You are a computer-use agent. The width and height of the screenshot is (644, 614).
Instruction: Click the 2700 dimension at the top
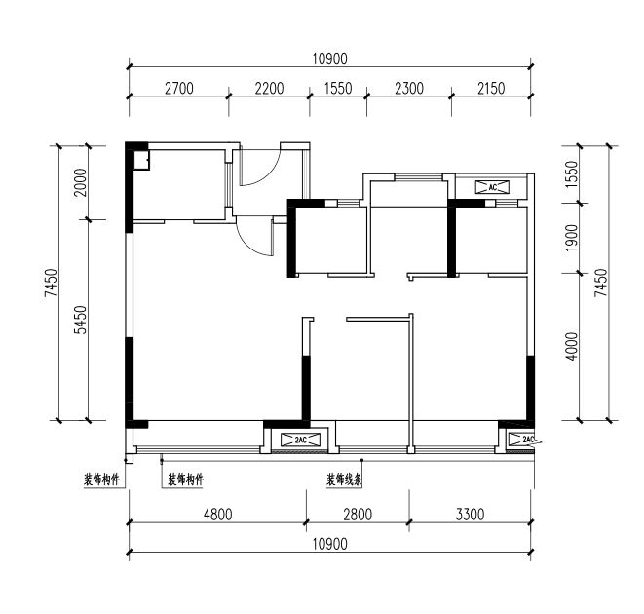pos(178,89)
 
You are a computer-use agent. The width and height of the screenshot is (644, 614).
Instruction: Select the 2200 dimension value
pos(269,89)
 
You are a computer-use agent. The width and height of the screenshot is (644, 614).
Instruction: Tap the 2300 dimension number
pos(409,89)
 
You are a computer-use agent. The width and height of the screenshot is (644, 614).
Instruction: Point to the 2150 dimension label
pos(491,89)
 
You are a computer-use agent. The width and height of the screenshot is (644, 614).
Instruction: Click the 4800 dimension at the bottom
pos(217,515)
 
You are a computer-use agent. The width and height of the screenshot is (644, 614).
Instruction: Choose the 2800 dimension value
pos(358,515)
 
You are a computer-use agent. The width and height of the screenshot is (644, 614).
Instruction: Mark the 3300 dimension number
pos(470,515)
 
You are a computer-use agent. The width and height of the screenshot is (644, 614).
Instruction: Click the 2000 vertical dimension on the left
pos(81,182)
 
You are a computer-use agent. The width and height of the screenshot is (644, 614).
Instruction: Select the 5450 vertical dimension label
pos(81,320)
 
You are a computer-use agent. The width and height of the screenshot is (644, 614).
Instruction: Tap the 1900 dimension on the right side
pos(571,238)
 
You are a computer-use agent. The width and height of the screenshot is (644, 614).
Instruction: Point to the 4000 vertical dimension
pos(571,347)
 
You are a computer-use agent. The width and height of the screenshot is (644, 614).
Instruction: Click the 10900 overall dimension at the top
pos(330,59)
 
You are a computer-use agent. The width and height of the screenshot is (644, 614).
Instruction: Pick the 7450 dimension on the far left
pos(52,283)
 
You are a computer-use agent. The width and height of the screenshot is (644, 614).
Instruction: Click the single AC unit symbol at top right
pos(492,187)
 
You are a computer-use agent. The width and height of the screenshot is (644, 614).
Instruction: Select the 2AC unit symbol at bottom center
pos(300,441)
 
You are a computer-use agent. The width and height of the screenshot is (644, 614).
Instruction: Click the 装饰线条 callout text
pos(344,480)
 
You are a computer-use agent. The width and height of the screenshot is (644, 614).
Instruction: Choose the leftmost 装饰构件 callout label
pos(101,480)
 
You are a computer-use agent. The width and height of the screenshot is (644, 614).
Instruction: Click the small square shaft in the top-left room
pos(141,160)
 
